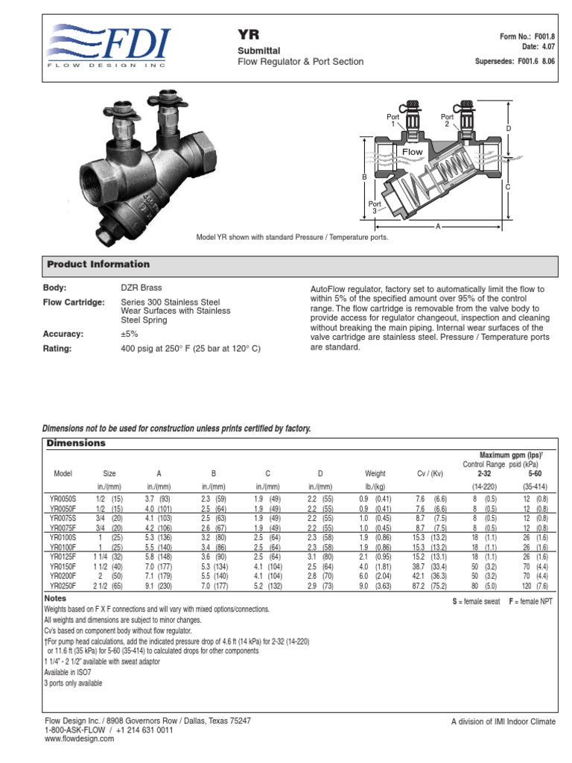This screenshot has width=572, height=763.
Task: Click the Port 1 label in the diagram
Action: (393, 120)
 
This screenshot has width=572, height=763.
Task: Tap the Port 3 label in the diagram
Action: (375, 206)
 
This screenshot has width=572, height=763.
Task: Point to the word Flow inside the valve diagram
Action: (413, 152)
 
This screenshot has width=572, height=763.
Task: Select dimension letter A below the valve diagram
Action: (437, 225)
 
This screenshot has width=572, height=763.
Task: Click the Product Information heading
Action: (98, 265)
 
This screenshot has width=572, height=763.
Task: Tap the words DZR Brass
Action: (142, 288)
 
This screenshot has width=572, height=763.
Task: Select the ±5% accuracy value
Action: (130, 335)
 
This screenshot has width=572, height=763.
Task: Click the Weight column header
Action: (375, 474)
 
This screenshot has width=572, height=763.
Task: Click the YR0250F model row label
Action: (63, 586)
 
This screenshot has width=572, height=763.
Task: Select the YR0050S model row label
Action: (63, 498)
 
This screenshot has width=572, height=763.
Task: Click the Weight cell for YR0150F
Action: (375, 567)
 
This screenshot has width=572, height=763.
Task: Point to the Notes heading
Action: (56, 598)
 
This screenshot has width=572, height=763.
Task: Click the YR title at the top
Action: (247, 35)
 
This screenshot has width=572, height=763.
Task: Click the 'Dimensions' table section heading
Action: (76, 443)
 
